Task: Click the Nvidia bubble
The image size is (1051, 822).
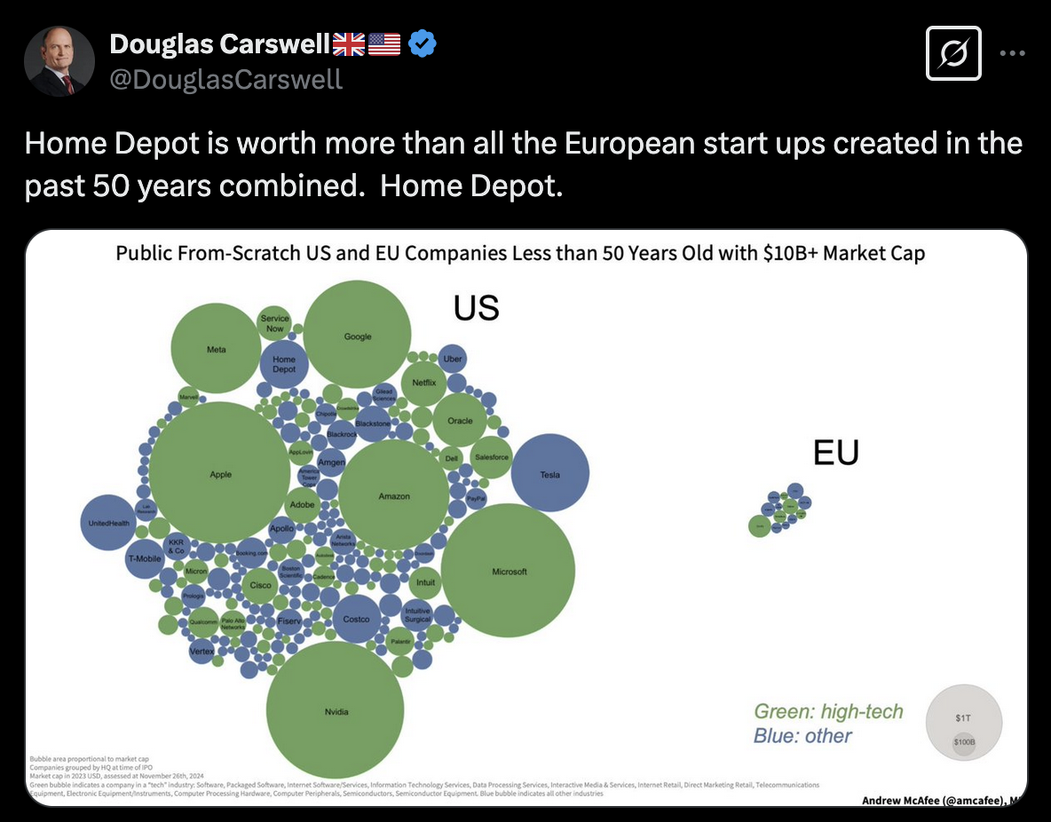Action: point(336,710)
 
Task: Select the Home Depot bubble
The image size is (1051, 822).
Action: point(284,364)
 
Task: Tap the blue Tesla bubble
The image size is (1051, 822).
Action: point(550,473)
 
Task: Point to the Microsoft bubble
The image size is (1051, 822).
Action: point(510,570)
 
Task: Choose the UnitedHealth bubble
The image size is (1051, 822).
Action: point(107,522)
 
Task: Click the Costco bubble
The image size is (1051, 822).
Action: point(356,618)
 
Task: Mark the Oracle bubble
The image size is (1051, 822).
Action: point(460,420)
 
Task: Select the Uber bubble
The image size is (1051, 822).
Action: point(453,359)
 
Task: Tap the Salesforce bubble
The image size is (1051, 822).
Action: point(492,457)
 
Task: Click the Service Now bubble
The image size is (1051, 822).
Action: point(275,323)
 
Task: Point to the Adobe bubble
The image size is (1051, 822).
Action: point(303,504)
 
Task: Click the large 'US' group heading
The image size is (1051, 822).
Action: point(477,308)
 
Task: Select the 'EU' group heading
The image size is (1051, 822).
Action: point(836,453)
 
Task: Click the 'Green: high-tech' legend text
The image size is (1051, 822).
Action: point(828,711)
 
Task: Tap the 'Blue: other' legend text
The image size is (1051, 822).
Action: point(802,736)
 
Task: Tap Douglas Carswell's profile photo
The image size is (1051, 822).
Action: point(60,61)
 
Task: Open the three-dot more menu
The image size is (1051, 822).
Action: point(1013,53)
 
